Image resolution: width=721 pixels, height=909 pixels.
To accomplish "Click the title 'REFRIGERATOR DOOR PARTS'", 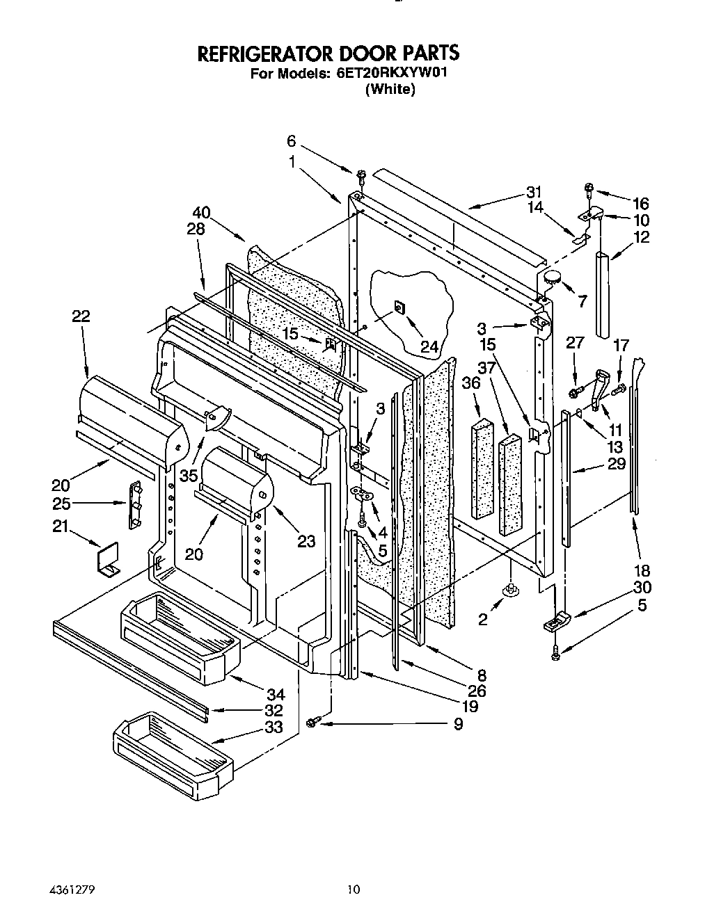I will click(328, 54).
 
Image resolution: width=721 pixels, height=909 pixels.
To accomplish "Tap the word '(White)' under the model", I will click(390, 89).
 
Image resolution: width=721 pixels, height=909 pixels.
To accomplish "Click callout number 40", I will click(203, 213).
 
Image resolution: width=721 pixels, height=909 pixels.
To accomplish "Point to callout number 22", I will click(81, 316).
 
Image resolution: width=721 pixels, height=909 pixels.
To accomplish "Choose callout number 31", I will click(534, 192).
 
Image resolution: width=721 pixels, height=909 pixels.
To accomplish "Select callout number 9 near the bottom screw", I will click(458, 724).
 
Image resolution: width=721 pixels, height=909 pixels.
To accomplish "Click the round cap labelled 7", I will click(552, 277).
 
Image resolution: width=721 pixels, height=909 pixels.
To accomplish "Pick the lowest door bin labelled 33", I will click(173, 748).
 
